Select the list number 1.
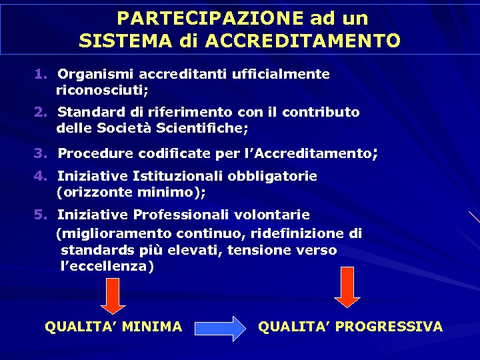[x=41, y=74]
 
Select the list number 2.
[x=41, y=112]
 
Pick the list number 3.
[x=41, y=154]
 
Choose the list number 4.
[x=41, y=177]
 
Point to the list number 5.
[x=41, y=215]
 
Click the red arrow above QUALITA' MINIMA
[x=113, y=295]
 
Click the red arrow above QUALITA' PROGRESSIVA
[x=347, y=287]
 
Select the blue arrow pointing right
[x=220, y=328]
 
